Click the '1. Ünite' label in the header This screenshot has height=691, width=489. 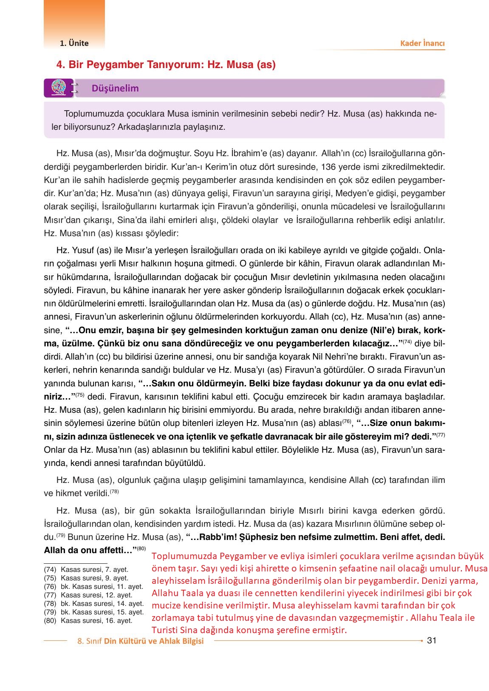pos(74,43)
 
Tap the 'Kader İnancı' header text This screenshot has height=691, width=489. pos(422,43)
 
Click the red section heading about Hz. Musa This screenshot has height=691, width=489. pos(166,65)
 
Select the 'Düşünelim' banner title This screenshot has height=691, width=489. pos(115,89)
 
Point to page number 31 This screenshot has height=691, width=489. pos(432,640)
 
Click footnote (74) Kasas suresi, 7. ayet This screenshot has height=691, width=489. pos(86,569)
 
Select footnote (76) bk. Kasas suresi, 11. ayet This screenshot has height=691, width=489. pos(93,586)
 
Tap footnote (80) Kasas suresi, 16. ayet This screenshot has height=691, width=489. pos(88,620)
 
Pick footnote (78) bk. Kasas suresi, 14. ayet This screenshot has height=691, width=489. pos(93,603)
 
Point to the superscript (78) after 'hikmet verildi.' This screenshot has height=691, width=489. pos(114,492)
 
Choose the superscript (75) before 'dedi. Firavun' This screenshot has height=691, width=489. pos(80,395)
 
